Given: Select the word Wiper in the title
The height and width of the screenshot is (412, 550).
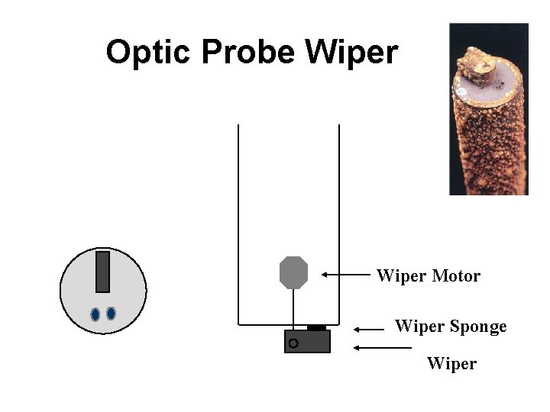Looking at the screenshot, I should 351,52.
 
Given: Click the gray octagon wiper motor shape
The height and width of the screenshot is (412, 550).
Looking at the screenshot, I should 293,272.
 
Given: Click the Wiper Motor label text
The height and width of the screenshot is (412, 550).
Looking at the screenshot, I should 429,275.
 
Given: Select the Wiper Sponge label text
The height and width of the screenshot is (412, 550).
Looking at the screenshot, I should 451,327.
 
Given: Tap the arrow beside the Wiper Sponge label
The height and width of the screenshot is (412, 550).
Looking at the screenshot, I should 370,330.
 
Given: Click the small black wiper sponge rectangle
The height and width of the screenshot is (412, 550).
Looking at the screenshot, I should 316,327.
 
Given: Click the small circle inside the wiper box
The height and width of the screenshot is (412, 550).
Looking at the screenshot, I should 293,344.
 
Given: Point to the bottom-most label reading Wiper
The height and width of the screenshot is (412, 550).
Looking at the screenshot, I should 451,363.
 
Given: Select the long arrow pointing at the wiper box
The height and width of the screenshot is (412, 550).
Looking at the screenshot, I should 382,348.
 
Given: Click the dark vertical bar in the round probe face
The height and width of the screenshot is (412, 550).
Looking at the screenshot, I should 102,272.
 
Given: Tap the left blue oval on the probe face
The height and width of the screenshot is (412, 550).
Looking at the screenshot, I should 95,314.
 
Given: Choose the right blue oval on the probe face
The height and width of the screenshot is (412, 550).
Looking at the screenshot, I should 111,313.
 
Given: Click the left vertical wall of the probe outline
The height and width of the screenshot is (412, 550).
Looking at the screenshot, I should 238,221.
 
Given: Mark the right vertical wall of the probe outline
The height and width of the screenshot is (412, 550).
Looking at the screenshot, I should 338,221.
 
